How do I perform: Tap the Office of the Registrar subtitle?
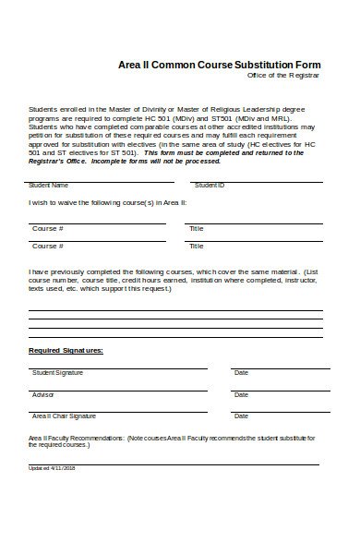coord(291,76)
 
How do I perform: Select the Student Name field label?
coord(48,186)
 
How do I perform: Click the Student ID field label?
coord(210,186)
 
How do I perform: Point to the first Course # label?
coord(48,228)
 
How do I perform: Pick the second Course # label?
coord(48,247)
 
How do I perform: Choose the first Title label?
coord(196,228)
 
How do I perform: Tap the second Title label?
coord(196,247)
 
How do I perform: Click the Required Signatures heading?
coord(66,351)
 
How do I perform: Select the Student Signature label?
coord(57,373)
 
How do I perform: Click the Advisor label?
coord(43,394)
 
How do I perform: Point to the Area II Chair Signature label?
coord(64,416)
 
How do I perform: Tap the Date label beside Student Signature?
coord(241,373)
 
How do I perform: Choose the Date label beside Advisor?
coord(241,394)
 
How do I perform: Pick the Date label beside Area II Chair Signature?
coord(241,416)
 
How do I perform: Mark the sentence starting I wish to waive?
coord(107,202)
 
